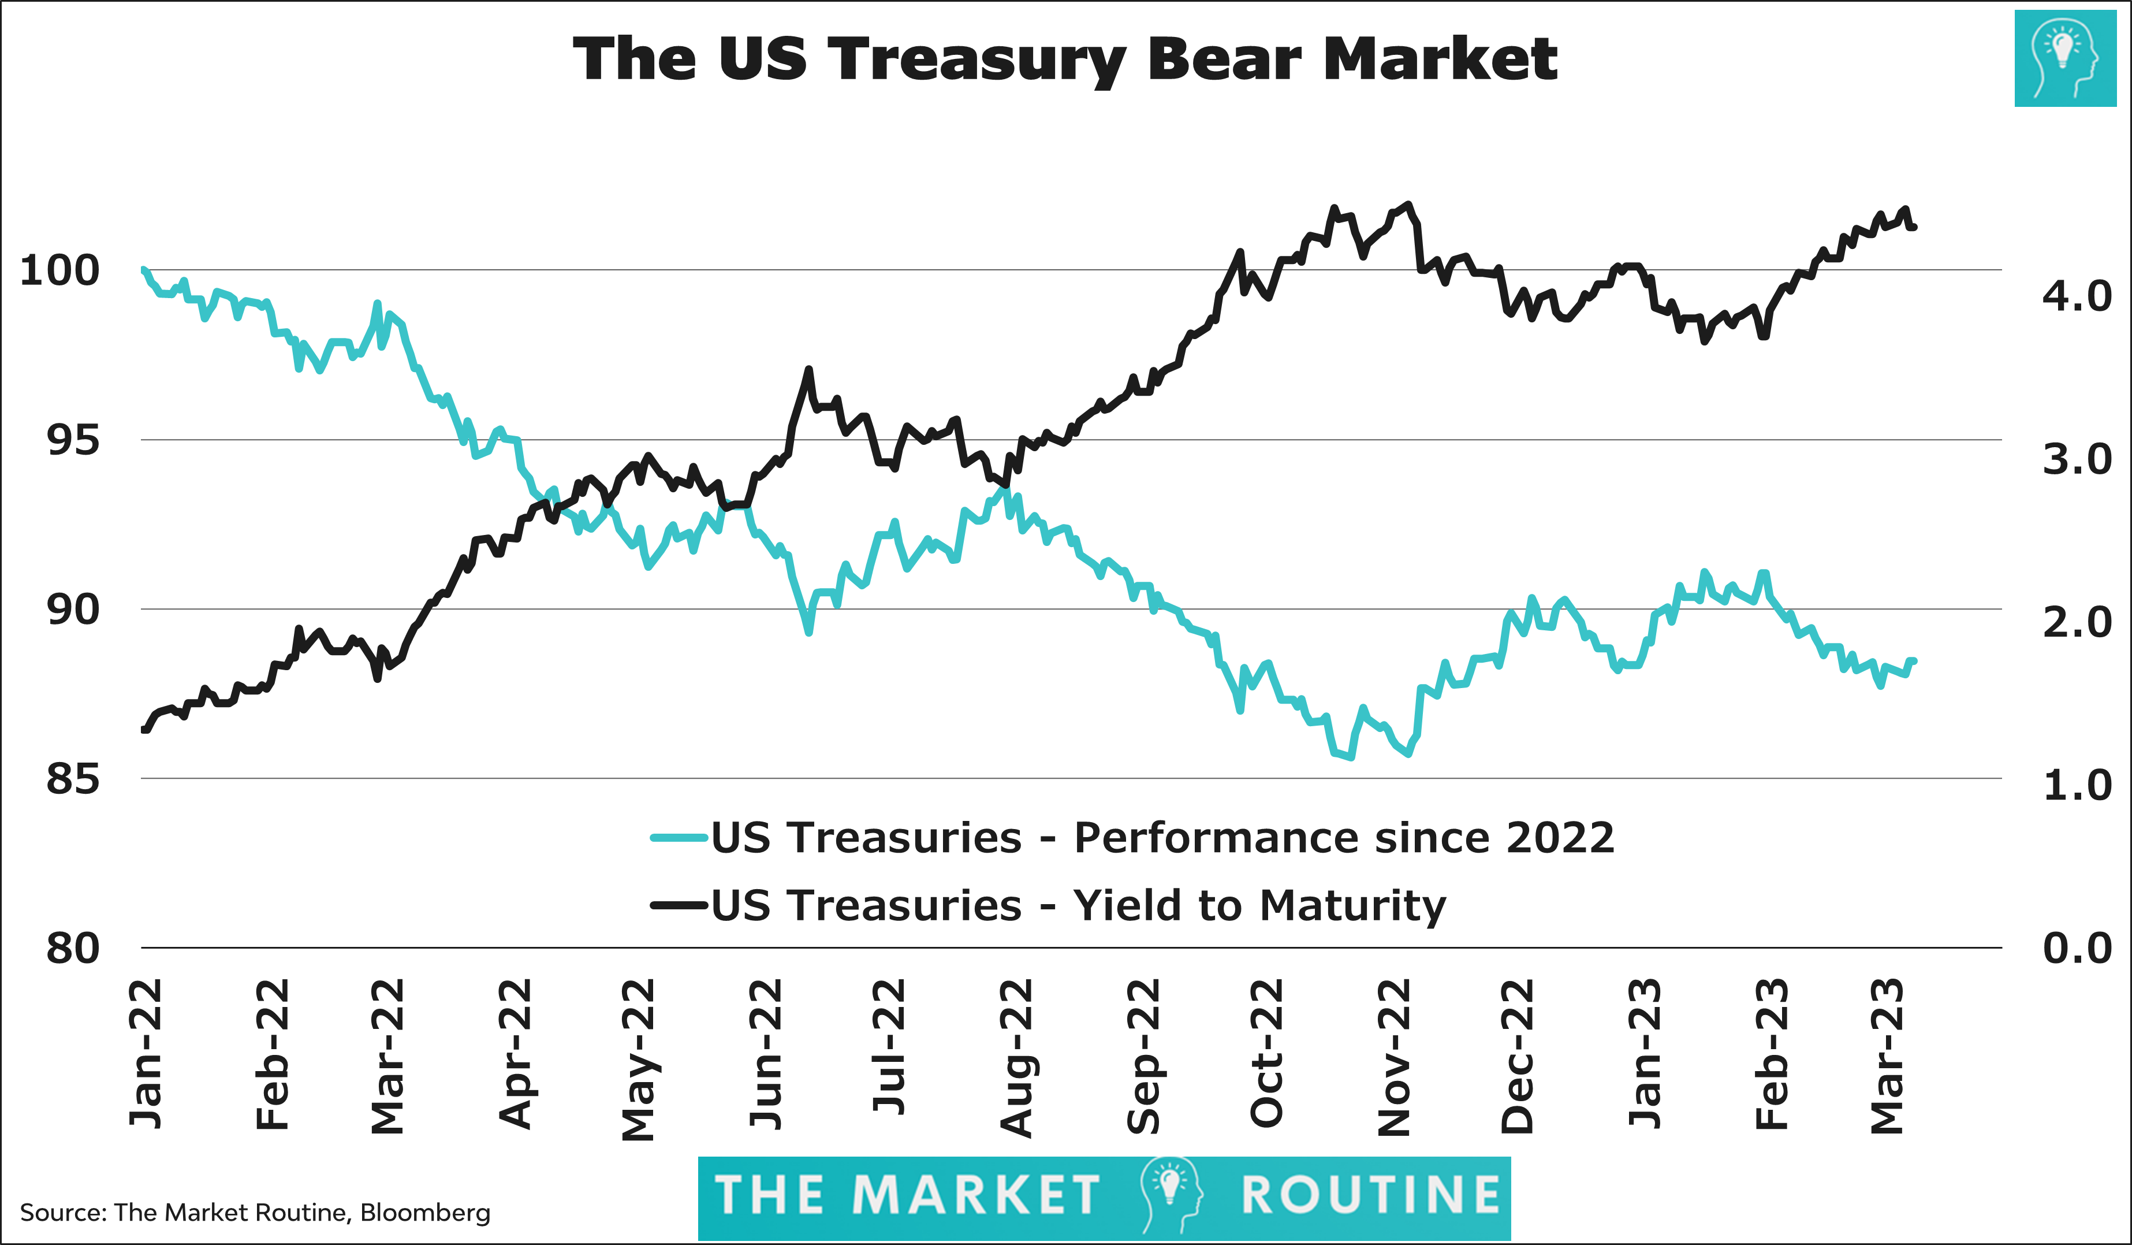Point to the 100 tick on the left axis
pyautogui.click(x=59, y=271)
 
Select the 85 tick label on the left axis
pyautogui.click(x=73, y=779)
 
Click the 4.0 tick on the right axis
pyautogui.click(x=2076, y=296)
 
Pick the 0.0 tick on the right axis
pyautogui.click(x=2076, y=948)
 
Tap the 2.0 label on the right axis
pyautogui.click(x=2076, y=622)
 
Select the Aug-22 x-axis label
pyautogui.click(x=1017, y=1058)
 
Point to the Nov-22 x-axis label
pyautogui.click(x=1394, y=1058)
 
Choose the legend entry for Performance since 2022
pyautogui.click(x=1162, y=838)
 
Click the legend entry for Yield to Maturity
pyautogui.click(x=1078, y=906)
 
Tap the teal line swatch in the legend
pyautogui.click(x=679, y=838)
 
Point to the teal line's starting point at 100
pyautogui.click(x=143, y=270)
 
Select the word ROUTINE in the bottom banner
pyautogui.click(x=1370, y=1195)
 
